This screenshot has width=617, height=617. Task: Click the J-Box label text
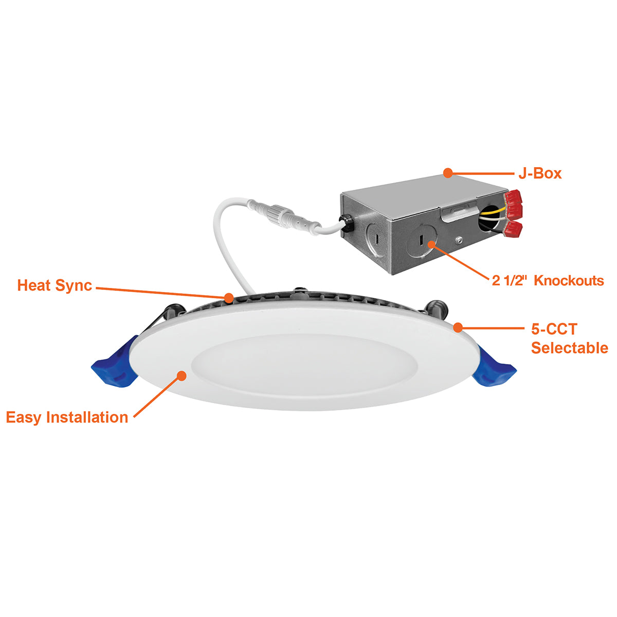click(x=540, y=174)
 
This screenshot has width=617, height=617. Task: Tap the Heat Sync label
click(x=55, y=285)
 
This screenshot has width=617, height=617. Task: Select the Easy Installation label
click(x=67, y=418)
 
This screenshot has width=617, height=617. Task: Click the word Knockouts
click(x=569, y=281)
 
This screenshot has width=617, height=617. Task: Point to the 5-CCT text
click(x=554, y=329)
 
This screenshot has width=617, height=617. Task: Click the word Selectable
click(x=570, y=348)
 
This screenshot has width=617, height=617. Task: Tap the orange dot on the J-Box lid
click(x=448, y=173)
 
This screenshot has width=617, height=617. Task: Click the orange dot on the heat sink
click(x=229, y=298)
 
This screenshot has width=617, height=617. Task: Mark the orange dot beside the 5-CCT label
click(x=458, y=327)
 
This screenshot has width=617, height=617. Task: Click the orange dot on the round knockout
click(x=431, y=245)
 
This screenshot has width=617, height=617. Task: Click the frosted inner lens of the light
click(x=304, y=363)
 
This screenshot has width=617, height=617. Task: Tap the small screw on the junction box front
click(x=459, y=239)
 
